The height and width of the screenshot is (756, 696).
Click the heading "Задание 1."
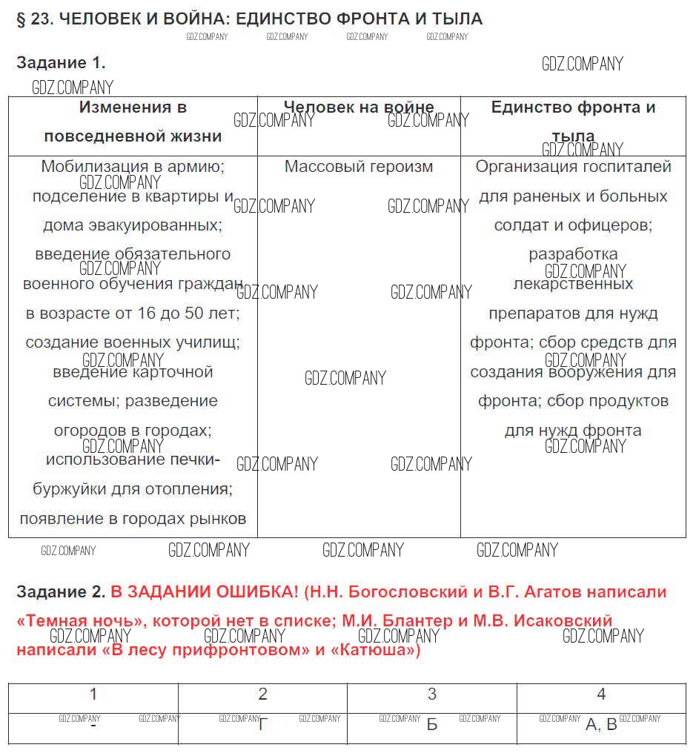click(61, 63)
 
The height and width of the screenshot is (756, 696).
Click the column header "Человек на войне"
click(359, 107)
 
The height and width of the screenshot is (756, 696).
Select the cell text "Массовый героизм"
click(359, 167)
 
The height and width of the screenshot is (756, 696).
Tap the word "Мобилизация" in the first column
click(90, 167)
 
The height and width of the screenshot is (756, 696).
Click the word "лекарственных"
click(573, 284)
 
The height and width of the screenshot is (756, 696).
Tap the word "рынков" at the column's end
click(222, 519)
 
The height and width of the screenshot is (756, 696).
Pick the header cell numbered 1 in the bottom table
click(93, 694)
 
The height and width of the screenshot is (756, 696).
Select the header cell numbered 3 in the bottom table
click(432, 694)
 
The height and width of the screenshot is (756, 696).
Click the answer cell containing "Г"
click(262, 725)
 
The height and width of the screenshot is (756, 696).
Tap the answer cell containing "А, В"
click(601, 725)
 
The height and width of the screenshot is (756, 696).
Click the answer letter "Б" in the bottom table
click(432, 725)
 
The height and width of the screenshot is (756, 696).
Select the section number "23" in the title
click(40, 19)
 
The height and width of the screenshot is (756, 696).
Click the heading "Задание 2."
click(61, 592)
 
